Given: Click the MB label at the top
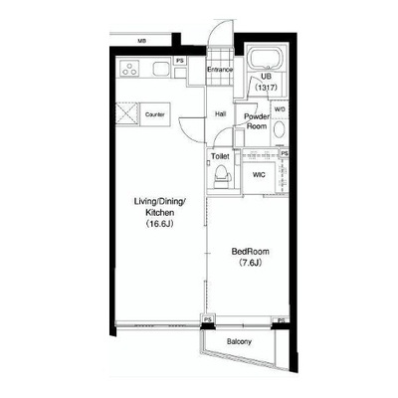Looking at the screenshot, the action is (142, 42).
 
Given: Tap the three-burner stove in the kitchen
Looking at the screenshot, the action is (128, 69).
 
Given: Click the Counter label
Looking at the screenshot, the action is (155, 114).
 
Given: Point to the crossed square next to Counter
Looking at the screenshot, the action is (126, 113).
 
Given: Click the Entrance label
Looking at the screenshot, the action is (220, 70).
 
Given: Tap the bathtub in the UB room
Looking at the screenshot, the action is (266, 60).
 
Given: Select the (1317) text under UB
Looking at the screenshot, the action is (266, 88).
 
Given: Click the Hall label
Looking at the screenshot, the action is (220, 114).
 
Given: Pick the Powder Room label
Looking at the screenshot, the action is (257, 121).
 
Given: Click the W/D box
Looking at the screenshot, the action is (280, 109).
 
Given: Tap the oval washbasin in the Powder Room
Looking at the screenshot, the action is (280, 130).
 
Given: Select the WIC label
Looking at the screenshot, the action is (259, 175).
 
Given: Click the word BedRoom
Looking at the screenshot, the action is (251, 252).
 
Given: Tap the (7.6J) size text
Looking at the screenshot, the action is (251, 263).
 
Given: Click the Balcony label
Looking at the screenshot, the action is (239, 341).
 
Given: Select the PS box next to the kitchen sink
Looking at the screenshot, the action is (180, 61).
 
